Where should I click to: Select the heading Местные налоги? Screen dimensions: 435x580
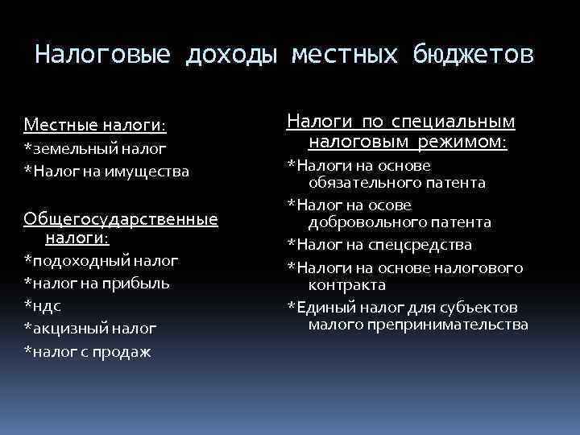(x=95, y=125)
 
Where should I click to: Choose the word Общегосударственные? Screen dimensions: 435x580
(x=121, y=219)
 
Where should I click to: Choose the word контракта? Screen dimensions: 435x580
(x=346, y=285)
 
